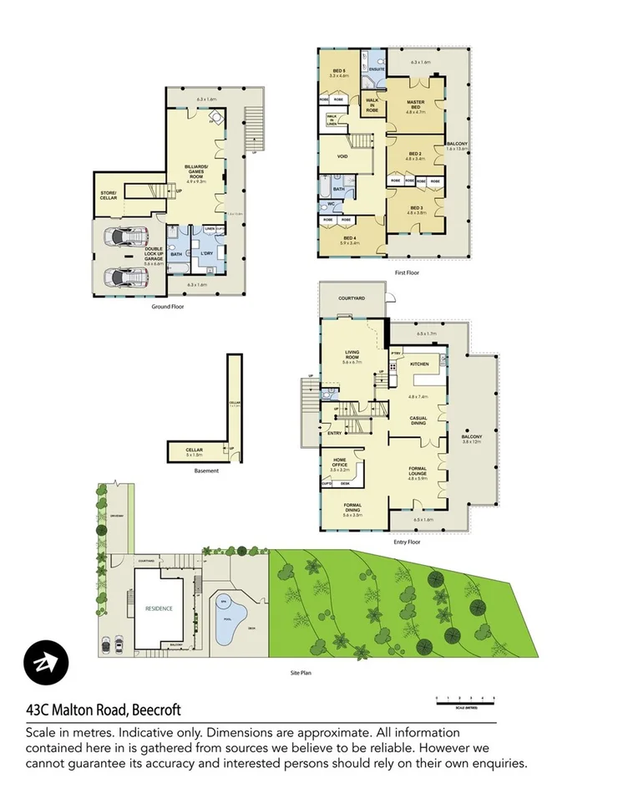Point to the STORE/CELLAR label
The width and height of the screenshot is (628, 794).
109,195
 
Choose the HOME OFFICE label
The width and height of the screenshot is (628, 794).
340,459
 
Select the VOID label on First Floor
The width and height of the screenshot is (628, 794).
342,156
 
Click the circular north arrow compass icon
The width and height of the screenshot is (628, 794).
46,664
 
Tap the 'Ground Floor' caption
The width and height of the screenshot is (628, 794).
167,307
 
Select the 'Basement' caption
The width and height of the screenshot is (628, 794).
206,471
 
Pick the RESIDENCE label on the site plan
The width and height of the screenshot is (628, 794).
159,608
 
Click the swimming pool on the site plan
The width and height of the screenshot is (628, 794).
225,623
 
